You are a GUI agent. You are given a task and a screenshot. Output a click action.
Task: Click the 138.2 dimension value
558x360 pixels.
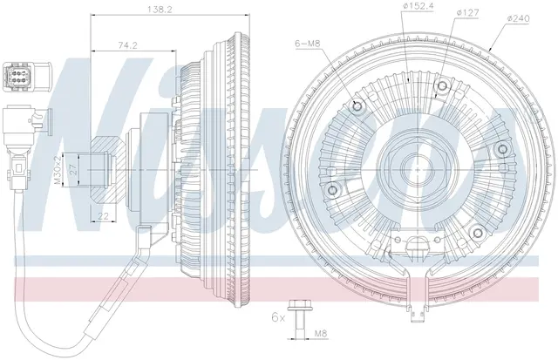(x=160, y=10)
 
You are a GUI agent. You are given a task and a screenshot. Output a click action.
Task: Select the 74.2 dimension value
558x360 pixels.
(x=127, y=45)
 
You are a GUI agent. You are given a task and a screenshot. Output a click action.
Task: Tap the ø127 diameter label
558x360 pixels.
(x=467, y=12)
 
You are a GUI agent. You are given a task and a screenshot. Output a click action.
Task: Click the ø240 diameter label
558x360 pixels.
(x=518, y=18)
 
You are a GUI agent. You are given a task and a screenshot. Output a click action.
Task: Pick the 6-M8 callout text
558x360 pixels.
(x=308, y=44)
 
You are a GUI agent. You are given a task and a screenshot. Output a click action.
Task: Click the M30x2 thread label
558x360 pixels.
(x=57, y=170)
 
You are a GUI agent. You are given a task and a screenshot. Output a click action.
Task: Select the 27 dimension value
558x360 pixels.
(x=74, y=170)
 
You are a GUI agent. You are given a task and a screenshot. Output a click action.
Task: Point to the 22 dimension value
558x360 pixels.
(x=103, y=215)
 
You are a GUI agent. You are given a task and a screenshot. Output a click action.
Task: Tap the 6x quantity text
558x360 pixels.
(x=278, y=317)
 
